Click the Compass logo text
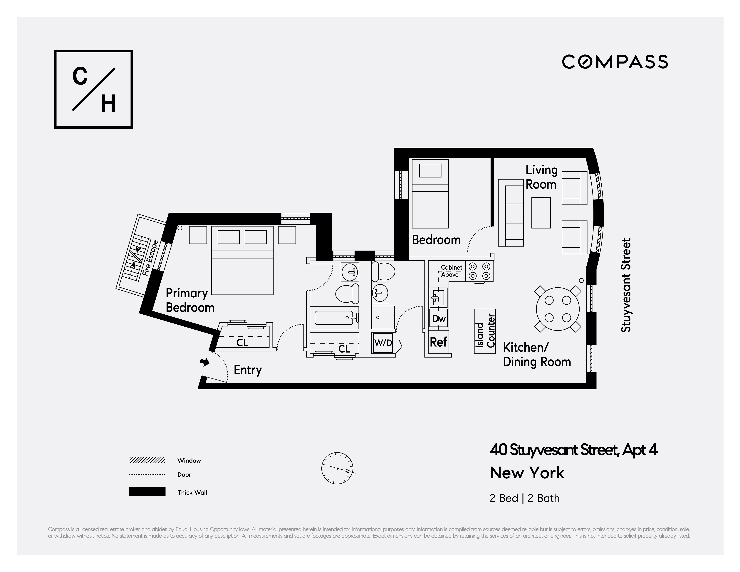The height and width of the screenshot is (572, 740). [x=615, y=62]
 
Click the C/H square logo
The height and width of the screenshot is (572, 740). [x=93, y=89]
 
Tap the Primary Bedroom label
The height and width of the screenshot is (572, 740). [x=189, y=300]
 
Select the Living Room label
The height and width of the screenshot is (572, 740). [x=541, y=177]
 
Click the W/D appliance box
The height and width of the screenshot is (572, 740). [x=383, y=343]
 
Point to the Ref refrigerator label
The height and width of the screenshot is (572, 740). [x=438, y=342]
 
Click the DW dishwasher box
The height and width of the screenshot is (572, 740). [x=439, y=318]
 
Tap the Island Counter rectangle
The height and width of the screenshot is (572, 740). [x=484, y=331]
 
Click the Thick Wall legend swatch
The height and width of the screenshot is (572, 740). [x=147, y=491]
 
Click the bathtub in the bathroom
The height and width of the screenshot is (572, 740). [x=334, y=318]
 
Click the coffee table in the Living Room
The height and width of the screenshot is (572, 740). [x=541, y=212]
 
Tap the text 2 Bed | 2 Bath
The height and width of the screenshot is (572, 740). [x=524, y=498]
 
